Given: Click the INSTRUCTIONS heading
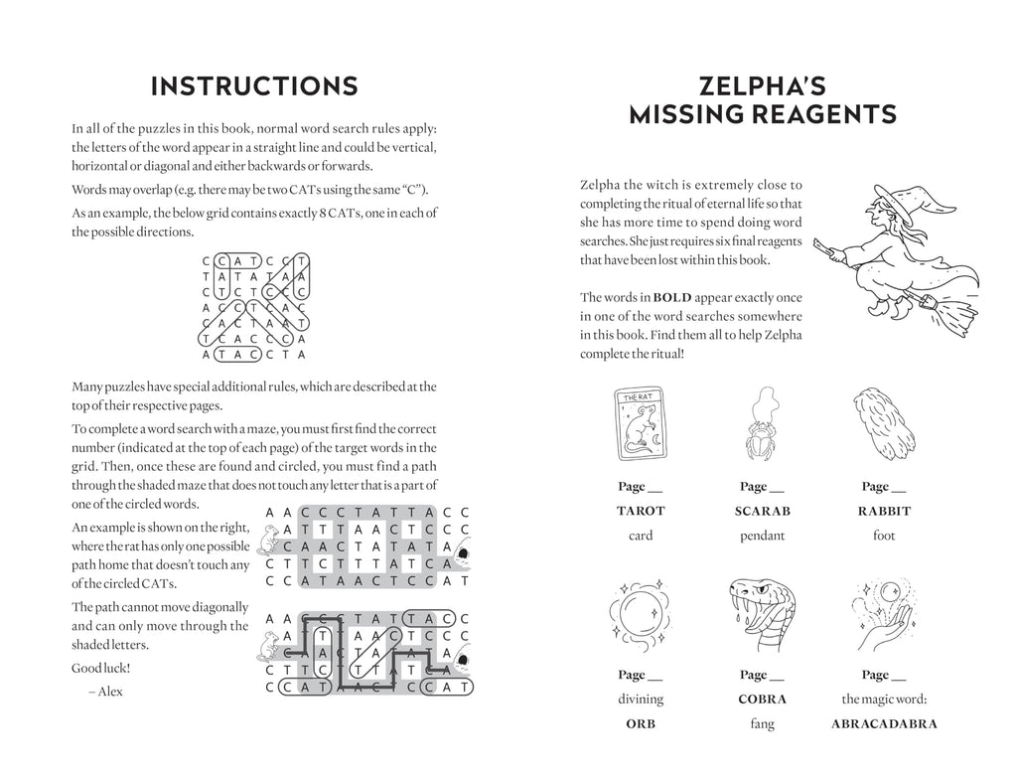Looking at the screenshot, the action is coord(254,86).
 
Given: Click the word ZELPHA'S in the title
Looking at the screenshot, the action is coord(762,86).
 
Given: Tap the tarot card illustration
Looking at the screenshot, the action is coord(641,423).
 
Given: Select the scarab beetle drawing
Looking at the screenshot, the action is coord(762,423).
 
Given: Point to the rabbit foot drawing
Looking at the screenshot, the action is coord(884,423).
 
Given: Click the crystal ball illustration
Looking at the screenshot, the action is coord(641,613).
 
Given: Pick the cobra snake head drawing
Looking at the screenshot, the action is coord(762,613).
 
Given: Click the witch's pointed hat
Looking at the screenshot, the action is coord(912,200).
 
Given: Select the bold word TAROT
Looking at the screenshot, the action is coord(641,511).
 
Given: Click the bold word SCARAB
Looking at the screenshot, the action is coord(762,511).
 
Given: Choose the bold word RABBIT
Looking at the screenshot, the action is coord(884,511).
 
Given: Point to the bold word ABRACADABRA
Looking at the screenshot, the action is coord(884,723).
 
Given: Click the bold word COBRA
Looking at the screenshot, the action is coord(762,699).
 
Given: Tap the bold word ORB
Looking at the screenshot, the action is coord(641,723).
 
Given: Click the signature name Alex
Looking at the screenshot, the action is coord(110,692).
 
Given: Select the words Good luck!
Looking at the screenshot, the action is coord(100,669).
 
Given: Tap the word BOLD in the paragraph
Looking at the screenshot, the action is coord(672,298).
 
